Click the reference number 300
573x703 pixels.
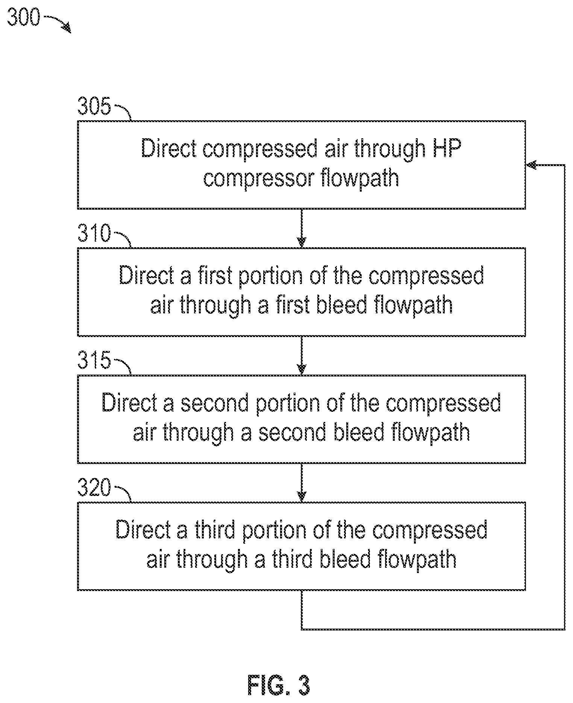coord(23,18)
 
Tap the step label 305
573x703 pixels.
coord(94,106)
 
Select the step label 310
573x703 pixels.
coord(94,233)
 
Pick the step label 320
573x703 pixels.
coord(94,487)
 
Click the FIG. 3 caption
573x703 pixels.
coord(279,685)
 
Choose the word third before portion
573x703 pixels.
coord(215,530)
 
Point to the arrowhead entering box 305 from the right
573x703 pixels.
coord(531,165)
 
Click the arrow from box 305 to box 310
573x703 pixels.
coord(302,228)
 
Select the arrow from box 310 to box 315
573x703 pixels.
coord(302,355)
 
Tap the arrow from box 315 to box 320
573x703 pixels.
coord(302,482)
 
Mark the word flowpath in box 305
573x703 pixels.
coord(360,178)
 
